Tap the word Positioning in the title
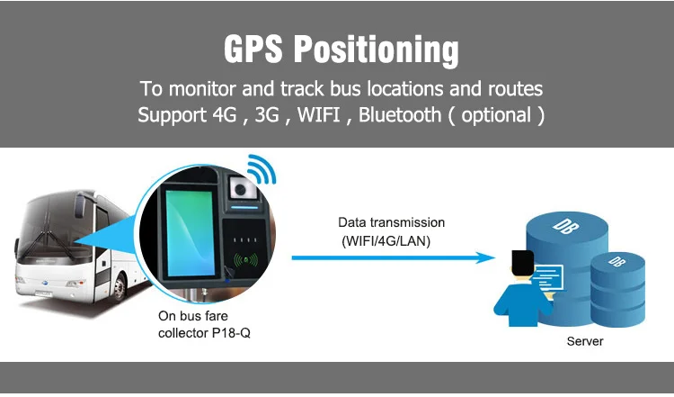pos(377,49)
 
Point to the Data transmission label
pos(391,222)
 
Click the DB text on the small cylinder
pos(615,261)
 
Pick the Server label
pos(585,341)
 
